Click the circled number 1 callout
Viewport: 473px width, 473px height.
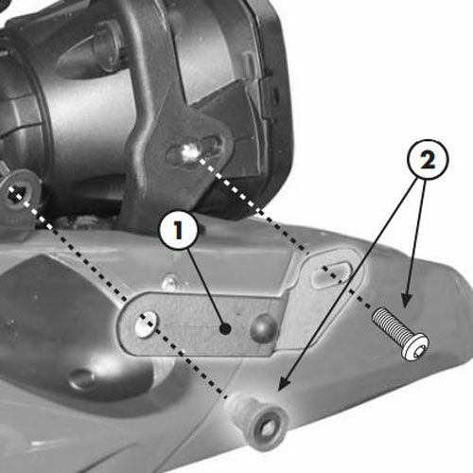[179, 230]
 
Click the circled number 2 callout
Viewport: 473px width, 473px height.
[428, 160]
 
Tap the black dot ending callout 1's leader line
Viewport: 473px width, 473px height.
[225, 329]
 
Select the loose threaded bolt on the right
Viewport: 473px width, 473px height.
[400, 334]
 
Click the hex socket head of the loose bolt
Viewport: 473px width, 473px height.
[415, 347]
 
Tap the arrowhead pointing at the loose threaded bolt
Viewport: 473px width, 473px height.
[407, 300]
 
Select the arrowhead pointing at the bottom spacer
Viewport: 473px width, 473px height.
[284, 384]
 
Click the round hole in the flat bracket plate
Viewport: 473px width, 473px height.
[146, 324]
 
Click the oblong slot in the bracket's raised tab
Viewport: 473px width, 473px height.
[331, 273]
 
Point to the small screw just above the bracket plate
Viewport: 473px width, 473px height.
[169, 283]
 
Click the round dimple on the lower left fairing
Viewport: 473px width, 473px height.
[82, 378]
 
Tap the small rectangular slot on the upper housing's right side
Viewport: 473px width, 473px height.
[276, 96]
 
